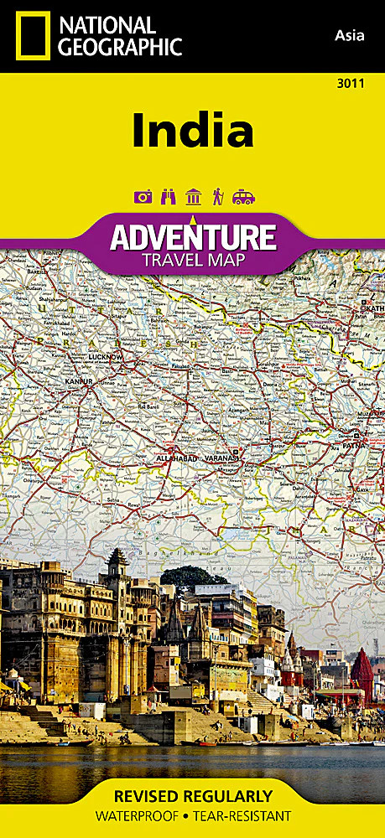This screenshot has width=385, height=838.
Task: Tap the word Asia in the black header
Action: point(350,34)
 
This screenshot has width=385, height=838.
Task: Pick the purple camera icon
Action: point(143,197)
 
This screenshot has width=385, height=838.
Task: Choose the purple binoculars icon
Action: point(168,197)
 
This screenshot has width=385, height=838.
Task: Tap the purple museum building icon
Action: point(193,197)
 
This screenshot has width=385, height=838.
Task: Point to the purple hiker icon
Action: point(218,197)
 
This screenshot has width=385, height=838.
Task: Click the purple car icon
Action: point(243,197)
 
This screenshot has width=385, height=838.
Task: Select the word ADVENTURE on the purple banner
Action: point(193,237)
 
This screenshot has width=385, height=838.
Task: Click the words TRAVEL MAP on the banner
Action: point(193,258)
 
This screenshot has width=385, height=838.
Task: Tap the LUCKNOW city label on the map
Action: point(106,357)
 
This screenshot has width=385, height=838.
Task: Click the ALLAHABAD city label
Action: point(176,459)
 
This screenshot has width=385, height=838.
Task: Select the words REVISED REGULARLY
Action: point(192,796)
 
